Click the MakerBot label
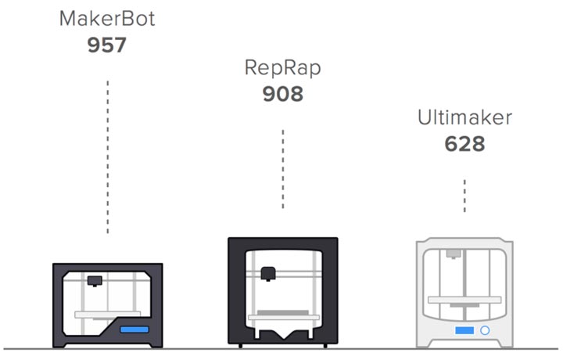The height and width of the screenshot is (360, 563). (x=107, y=19)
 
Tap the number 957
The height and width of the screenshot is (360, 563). (x=107, y=45)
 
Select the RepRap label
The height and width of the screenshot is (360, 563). (x=282, y=67)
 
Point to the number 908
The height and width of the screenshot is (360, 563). (x=282, y=94)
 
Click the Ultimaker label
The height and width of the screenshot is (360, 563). (x=464, y=118)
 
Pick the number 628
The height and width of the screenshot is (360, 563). (x=464, y=144)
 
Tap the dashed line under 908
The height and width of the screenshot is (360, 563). (x=282, y=168)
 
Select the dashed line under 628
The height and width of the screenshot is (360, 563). (x=464, y=196)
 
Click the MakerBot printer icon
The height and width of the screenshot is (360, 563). (x=107, y=305)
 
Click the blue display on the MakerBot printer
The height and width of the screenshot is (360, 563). (x=134, y=329)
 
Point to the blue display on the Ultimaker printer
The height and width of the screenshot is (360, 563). (x=464, y=330)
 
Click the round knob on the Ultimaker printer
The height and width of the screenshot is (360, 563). (x=484, y=330)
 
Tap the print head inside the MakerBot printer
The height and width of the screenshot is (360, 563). (x=95, y=279)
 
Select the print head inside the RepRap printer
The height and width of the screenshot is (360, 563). (x=267, y=272)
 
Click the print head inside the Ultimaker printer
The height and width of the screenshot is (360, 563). (x=453, y=254)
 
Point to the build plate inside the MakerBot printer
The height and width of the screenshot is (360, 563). (x=107, y=313)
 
